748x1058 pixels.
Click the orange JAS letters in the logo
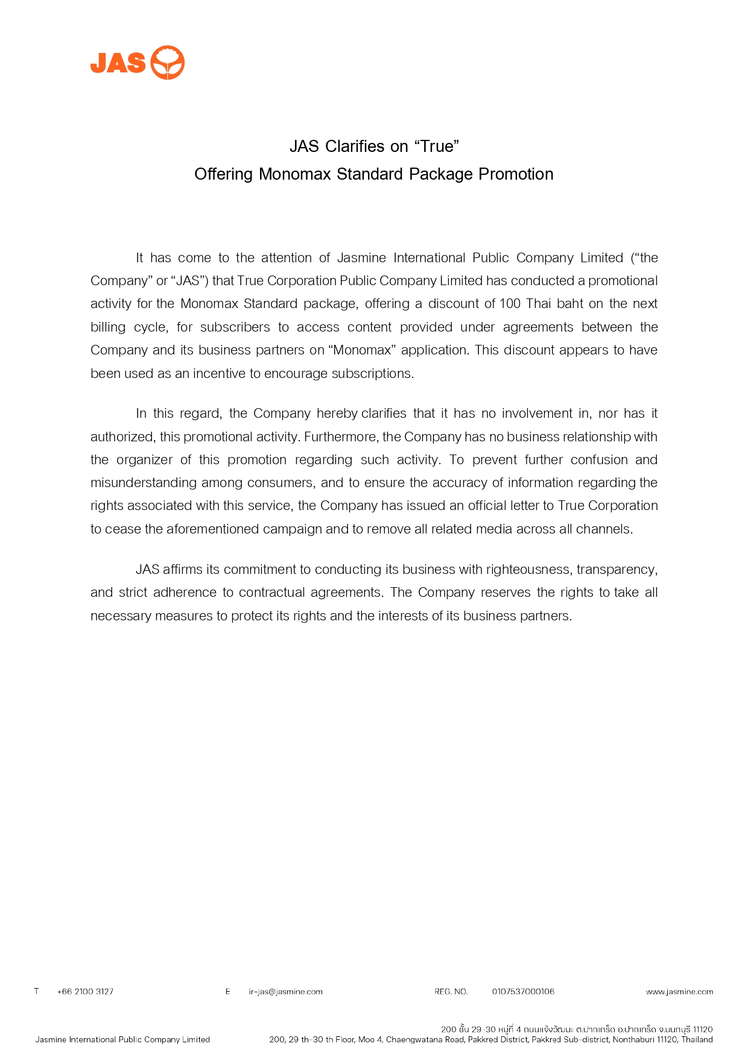click(118, 63)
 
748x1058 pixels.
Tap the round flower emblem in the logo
click(167, 62)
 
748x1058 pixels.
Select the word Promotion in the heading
click(516, 174)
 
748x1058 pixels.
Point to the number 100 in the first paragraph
click(510, 304)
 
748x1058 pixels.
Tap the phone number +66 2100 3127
click(85, 992)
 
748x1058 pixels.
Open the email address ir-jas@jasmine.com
click(285, 992)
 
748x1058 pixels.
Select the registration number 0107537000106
click(523, 992)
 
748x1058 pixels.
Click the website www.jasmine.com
click(679, 992)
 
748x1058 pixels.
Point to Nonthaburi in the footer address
click(632, 1039)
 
